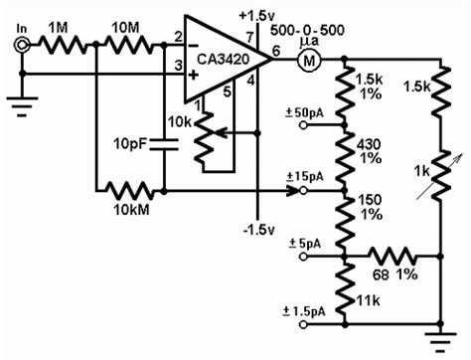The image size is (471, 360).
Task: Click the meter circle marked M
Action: (307, 61)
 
